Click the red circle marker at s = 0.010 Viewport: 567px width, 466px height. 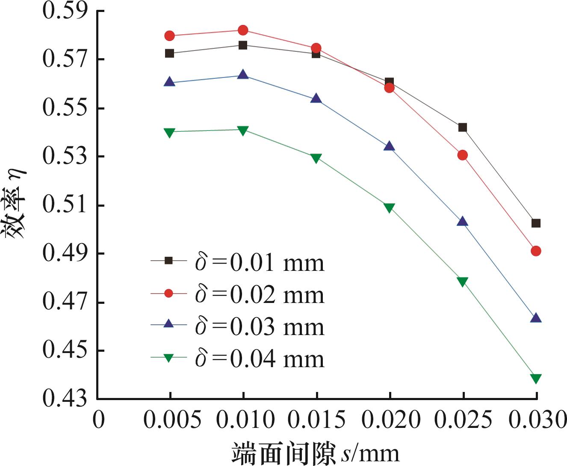pos(243,30)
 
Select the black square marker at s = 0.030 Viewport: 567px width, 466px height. pos(536,223)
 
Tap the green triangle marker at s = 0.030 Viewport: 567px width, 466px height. pos(536,378)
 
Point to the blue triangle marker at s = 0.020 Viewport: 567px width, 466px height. pos(389,146)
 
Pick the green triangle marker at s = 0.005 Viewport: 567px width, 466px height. pos(170,133)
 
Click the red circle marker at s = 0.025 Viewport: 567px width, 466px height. pos(462,155)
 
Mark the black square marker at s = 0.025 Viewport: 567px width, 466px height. pos(462,127)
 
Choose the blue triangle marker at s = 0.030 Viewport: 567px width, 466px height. pos(536,318)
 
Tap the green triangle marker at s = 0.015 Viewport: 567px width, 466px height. pos(316,158)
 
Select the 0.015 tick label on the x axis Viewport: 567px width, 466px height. pos(316,420)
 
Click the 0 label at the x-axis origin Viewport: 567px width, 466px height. pos(99,420)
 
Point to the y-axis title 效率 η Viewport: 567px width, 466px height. pos(16,205)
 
